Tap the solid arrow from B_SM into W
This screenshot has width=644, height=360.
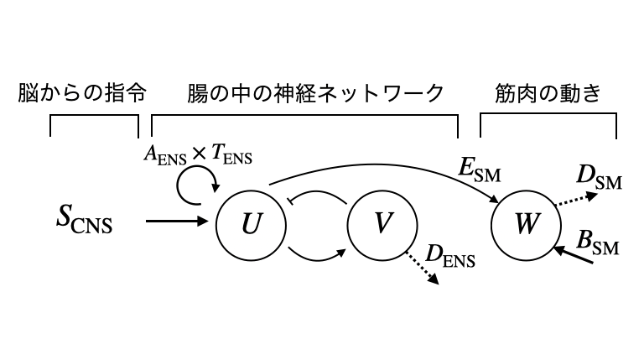point(577,255)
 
